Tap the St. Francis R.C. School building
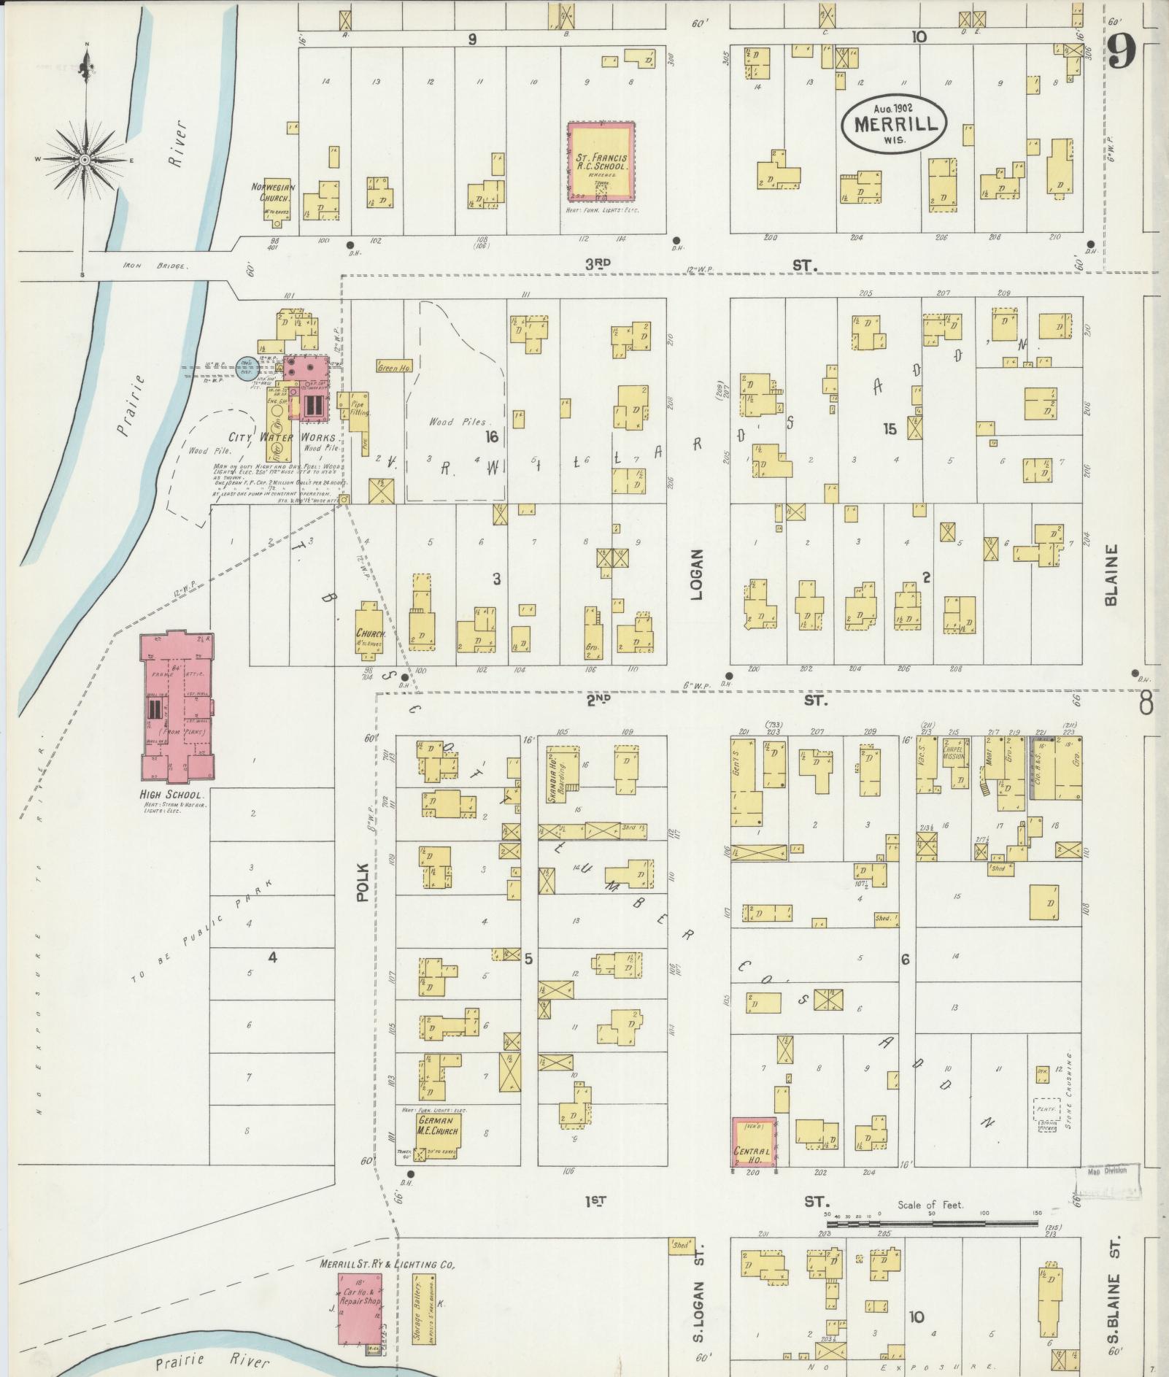coord(601,161)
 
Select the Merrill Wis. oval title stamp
coord(895,123)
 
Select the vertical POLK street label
coord(363,883)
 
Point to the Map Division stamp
coord(1106,1171)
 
